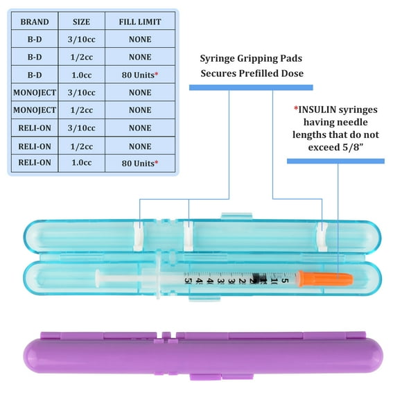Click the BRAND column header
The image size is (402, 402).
(35, 21)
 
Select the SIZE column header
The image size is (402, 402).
(82, 21)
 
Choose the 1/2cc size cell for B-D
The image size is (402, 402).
(82, 57)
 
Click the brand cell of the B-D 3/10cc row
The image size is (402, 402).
(35, 40)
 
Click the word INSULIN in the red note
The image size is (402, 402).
(318, 108)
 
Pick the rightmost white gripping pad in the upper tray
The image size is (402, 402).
(322, 237)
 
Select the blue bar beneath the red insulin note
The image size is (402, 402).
(335, 161)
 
